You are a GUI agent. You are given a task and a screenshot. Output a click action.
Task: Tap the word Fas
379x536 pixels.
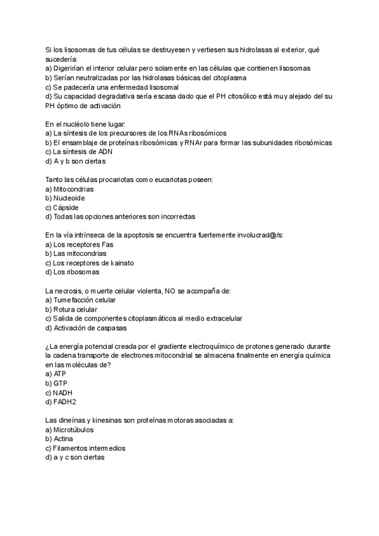(x=107, y=244)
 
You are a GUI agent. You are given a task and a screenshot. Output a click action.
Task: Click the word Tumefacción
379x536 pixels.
(x=76, y=300)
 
